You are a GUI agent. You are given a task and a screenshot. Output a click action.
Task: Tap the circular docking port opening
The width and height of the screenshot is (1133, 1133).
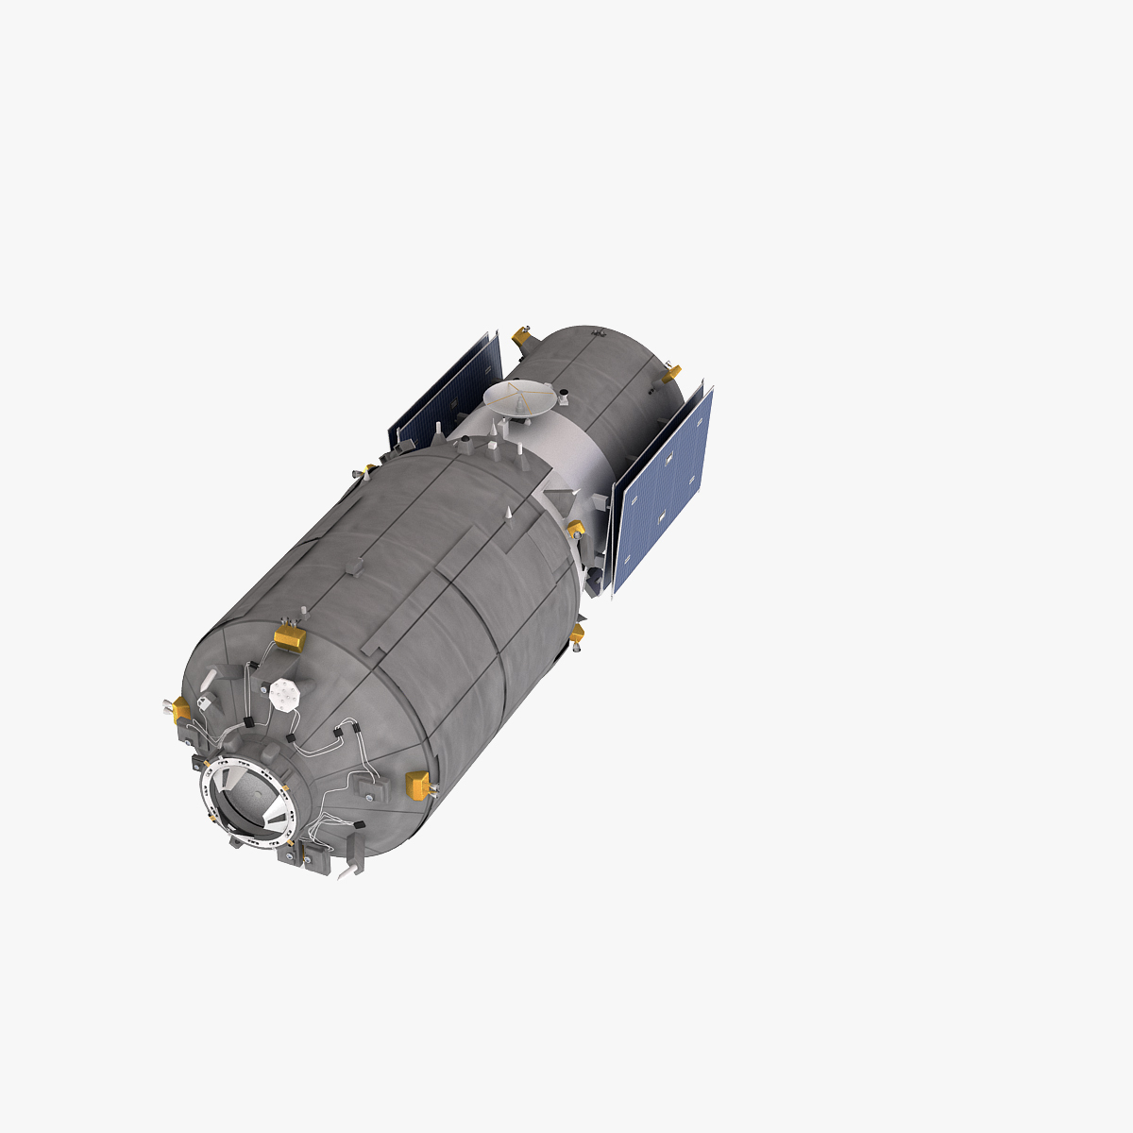pos(248,799)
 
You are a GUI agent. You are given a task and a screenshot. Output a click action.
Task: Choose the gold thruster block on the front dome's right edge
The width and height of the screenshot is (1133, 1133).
pos(416,783)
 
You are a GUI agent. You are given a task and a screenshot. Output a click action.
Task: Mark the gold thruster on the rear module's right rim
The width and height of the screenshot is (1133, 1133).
pos(669,374)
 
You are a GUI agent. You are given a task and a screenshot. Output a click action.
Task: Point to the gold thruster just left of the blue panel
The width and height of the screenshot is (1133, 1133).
pos(575,529)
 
